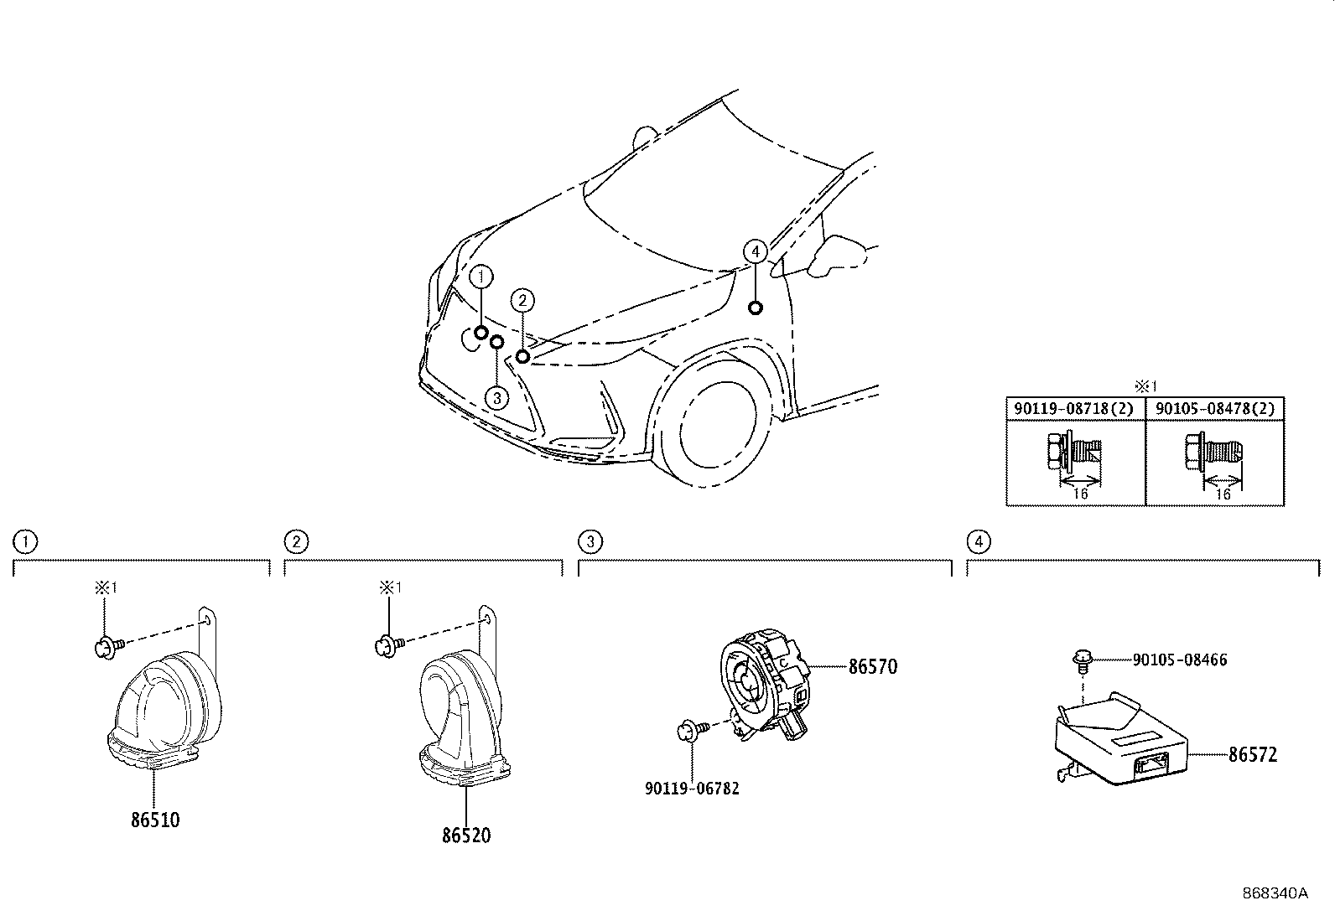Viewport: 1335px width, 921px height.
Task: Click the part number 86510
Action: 155,820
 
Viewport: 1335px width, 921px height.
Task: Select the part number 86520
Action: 466,836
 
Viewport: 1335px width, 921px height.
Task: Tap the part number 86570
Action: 872,666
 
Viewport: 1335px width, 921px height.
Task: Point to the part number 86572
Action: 1253,755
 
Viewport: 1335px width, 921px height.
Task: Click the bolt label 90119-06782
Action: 692,788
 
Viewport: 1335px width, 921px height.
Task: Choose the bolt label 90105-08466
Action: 1180,660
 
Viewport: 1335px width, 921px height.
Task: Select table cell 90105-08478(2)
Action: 1214,409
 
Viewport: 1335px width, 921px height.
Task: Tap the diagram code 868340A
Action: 1275,893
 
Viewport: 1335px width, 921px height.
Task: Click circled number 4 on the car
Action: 755,252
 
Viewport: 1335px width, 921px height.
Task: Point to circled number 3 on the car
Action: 496,398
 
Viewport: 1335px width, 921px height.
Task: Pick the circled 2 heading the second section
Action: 296,541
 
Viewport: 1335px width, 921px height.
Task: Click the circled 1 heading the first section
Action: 25,541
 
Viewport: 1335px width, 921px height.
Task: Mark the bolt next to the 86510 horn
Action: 110,647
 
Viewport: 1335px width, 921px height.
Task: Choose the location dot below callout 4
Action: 755,308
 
